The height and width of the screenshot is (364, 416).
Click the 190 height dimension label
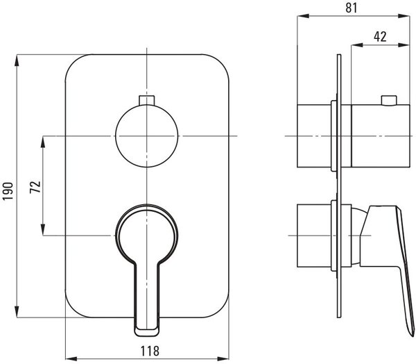8,192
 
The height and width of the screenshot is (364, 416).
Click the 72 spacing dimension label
35,187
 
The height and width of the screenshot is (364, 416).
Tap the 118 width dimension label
150,351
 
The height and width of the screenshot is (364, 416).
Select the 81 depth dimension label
352,8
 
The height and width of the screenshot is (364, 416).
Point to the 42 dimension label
380,37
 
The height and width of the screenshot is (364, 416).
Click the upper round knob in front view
147,136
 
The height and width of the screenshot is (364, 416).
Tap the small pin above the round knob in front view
147,100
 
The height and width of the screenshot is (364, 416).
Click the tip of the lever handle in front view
147,333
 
